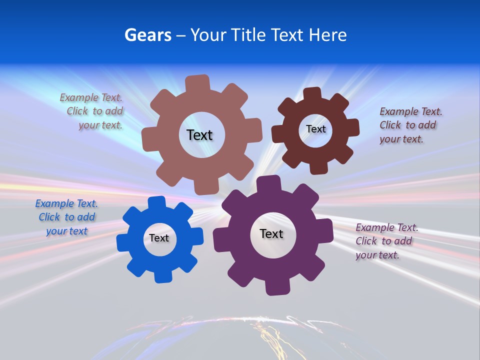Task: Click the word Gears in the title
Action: (147, 35)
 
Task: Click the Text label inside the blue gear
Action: (159, 238)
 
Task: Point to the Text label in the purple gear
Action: (271, 234)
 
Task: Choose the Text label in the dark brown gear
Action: (315, 129)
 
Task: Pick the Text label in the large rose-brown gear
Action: (199, 135)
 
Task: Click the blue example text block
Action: (66, 217)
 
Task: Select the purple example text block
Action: (386, 241)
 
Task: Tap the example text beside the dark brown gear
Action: (410, 125)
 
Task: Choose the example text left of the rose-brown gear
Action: (92, 111)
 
